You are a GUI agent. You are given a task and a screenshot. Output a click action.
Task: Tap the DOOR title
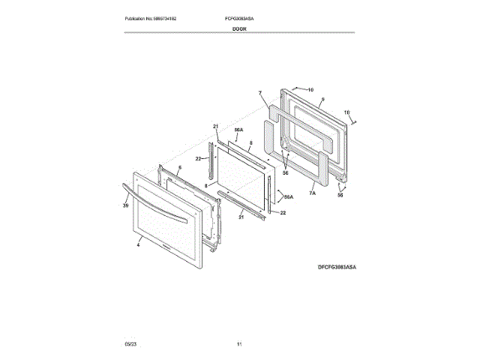(239, 28)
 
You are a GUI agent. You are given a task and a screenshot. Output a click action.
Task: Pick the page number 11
(238, 343)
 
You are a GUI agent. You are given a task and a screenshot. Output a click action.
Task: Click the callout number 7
(259, 94)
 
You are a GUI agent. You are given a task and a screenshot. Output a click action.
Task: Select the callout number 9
(322, 99)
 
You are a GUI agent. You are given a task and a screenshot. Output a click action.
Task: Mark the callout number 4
(139, 244)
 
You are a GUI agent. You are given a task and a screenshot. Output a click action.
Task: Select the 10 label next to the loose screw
(346, 112)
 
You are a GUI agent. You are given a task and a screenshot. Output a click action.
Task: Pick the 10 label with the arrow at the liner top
(310, 89)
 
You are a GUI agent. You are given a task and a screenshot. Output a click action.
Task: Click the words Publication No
(139, 17)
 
